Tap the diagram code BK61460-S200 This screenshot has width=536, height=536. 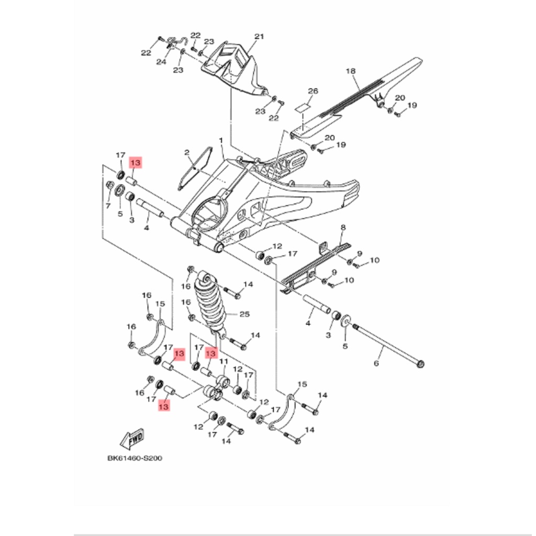click(x=135, y=458)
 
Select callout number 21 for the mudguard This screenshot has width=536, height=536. click(x=259, y=37)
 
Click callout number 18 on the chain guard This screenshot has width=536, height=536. click(x=351, y=71)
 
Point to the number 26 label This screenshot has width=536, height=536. click(x=312, y=91)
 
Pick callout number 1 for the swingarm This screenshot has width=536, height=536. click(x=221, y=141)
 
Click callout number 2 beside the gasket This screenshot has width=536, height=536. click(x=186, y=152)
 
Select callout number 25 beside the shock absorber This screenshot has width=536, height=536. click(x=244, y=314)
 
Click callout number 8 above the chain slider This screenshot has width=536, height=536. click(x=343, y=227)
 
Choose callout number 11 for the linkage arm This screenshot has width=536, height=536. click(x=224, y=362)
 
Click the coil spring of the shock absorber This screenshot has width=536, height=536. click(x=209, y=301)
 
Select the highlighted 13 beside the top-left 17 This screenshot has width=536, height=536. click(x=135, y=163)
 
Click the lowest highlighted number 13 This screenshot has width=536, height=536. click(x=163, y=406)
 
